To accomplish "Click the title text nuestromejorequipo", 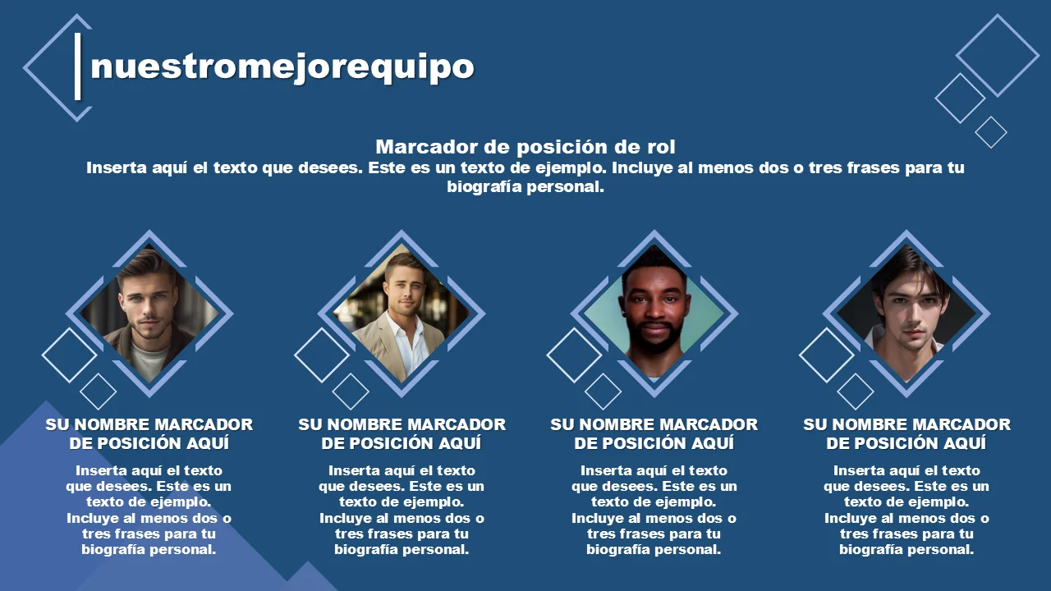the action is [x=282, y=68].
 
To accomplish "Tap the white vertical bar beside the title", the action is [x=78, y=66].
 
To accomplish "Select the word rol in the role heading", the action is [x=661, y=147].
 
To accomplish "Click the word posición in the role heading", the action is [x=562, y=148].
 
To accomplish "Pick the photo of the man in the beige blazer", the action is [x=402, y=314].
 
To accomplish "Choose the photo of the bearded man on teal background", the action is [x=654, y=314].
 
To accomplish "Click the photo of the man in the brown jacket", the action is [x=149, y=314].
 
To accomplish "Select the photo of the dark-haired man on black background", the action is [x=906, y=314].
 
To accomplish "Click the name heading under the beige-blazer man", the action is [x=402, y=434].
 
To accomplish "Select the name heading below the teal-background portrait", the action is [x=654, y=434].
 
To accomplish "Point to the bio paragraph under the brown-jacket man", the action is [x=149, y=510].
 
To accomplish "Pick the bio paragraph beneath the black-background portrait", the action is [x=906, y=510].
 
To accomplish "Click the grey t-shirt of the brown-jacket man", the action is [x=149, y=361].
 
